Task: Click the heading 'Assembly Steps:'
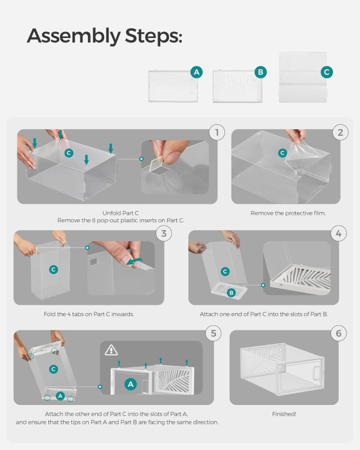105,36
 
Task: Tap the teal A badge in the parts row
197,72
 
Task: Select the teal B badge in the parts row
261,72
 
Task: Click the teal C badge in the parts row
327,72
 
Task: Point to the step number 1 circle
217,132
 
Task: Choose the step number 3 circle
164,233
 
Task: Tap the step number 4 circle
338,233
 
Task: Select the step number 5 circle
213,333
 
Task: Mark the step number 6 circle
338,333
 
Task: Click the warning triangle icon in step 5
112,350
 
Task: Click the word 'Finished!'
283,415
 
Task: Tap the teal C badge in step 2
282,153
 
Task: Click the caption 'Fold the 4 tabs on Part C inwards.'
89,314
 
